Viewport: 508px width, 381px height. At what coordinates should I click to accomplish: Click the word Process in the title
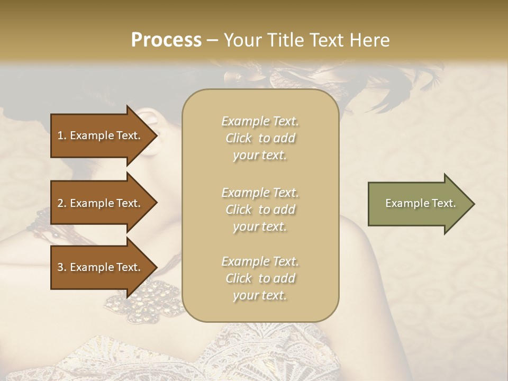pos(166,40)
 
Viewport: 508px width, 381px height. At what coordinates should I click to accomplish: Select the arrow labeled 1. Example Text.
pos(101,135)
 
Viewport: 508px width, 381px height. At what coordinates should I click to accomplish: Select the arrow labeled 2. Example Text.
pos(101,203)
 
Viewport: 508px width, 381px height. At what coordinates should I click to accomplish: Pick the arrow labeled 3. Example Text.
pos(101,267)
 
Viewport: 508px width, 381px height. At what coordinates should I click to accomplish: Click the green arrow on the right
pos(418,204)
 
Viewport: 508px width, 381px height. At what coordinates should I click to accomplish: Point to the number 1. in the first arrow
pos(62,135)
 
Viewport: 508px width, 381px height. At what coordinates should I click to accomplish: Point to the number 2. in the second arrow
pos(62,203)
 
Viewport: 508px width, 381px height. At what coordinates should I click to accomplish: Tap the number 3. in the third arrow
pos(62,267)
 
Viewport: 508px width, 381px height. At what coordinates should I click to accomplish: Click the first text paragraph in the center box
pos(260,138)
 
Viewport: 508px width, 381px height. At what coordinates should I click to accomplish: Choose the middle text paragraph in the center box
pos(260,210)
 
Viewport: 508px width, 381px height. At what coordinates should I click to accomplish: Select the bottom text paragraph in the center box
pos(260,278)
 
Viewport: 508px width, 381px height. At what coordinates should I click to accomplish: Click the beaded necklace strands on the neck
pos(42,222)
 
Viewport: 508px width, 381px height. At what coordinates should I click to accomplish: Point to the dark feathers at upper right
pos(423,79)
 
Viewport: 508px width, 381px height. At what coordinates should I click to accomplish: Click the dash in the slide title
pos(213,40)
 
